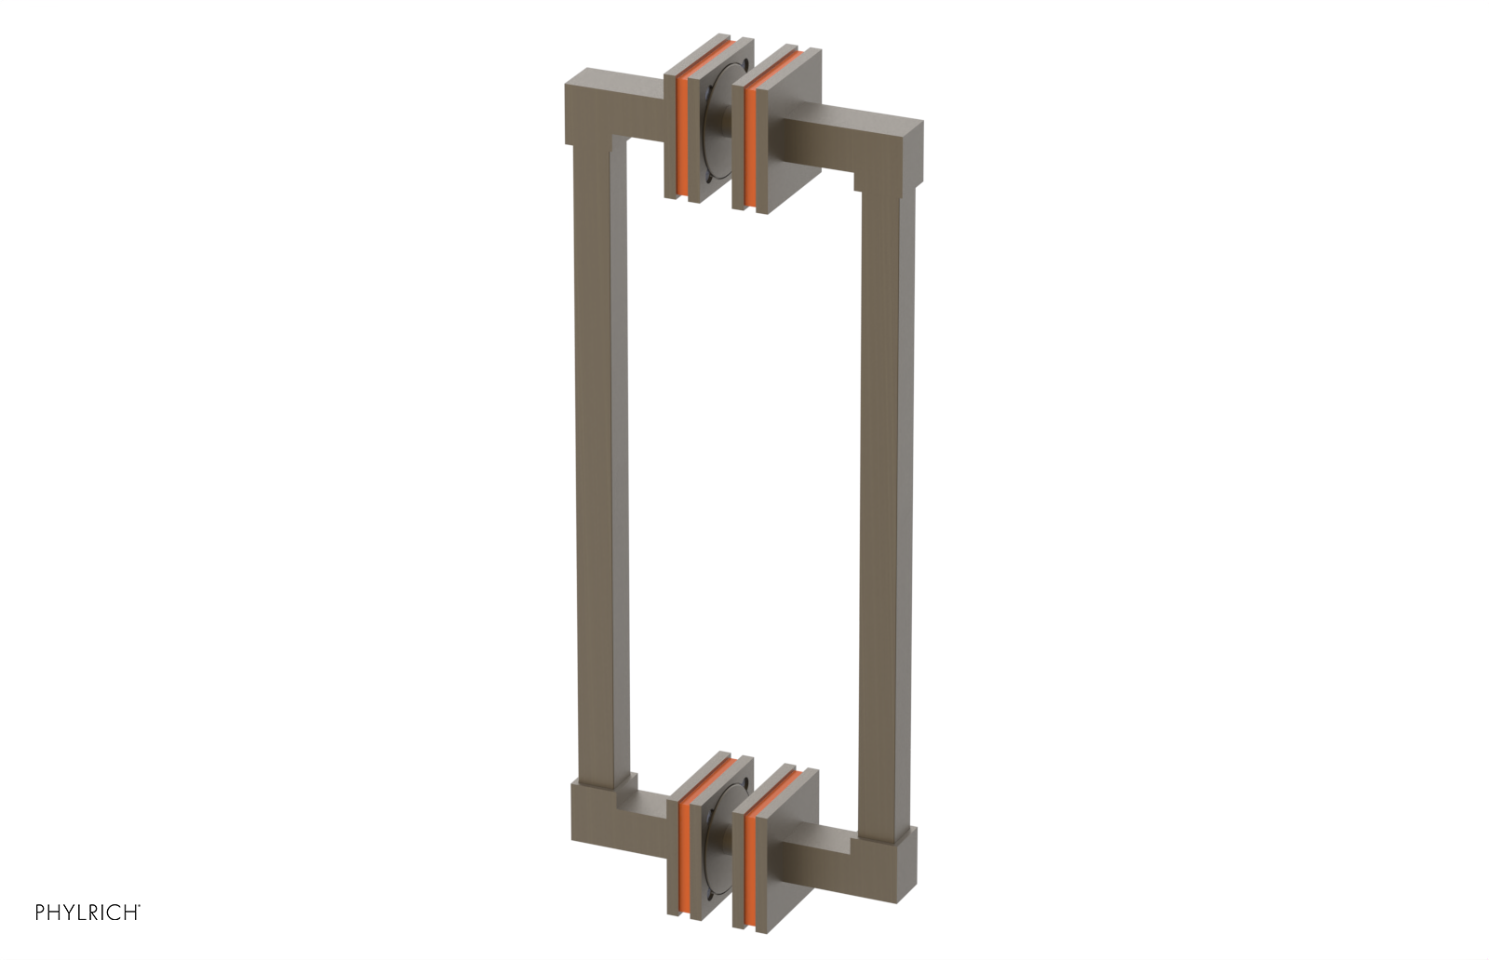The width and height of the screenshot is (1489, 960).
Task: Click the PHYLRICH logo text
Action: pyautogui.click(x=87, y=913)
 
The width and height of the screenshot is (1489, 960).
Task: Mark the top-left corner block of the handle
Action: pyautogui.click(x=592, y=107)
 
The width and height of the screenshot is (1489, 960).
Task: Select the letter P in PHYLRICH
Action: pyautogui.click(x=40, y=913)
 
